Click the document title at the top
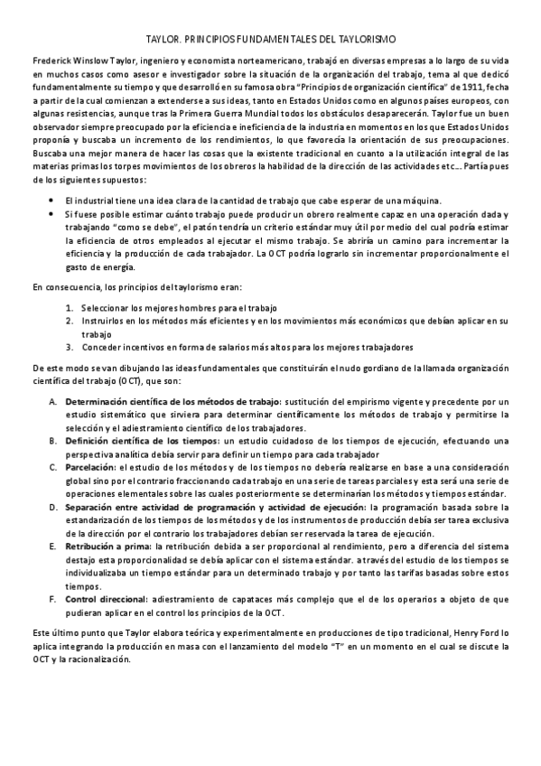(x=270, y=40)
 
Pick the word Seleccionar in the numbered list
(x=108, y=307)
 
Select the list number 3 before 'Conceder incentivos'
(x=68, y=347)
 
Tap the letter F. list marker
(x=52, y=599)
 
